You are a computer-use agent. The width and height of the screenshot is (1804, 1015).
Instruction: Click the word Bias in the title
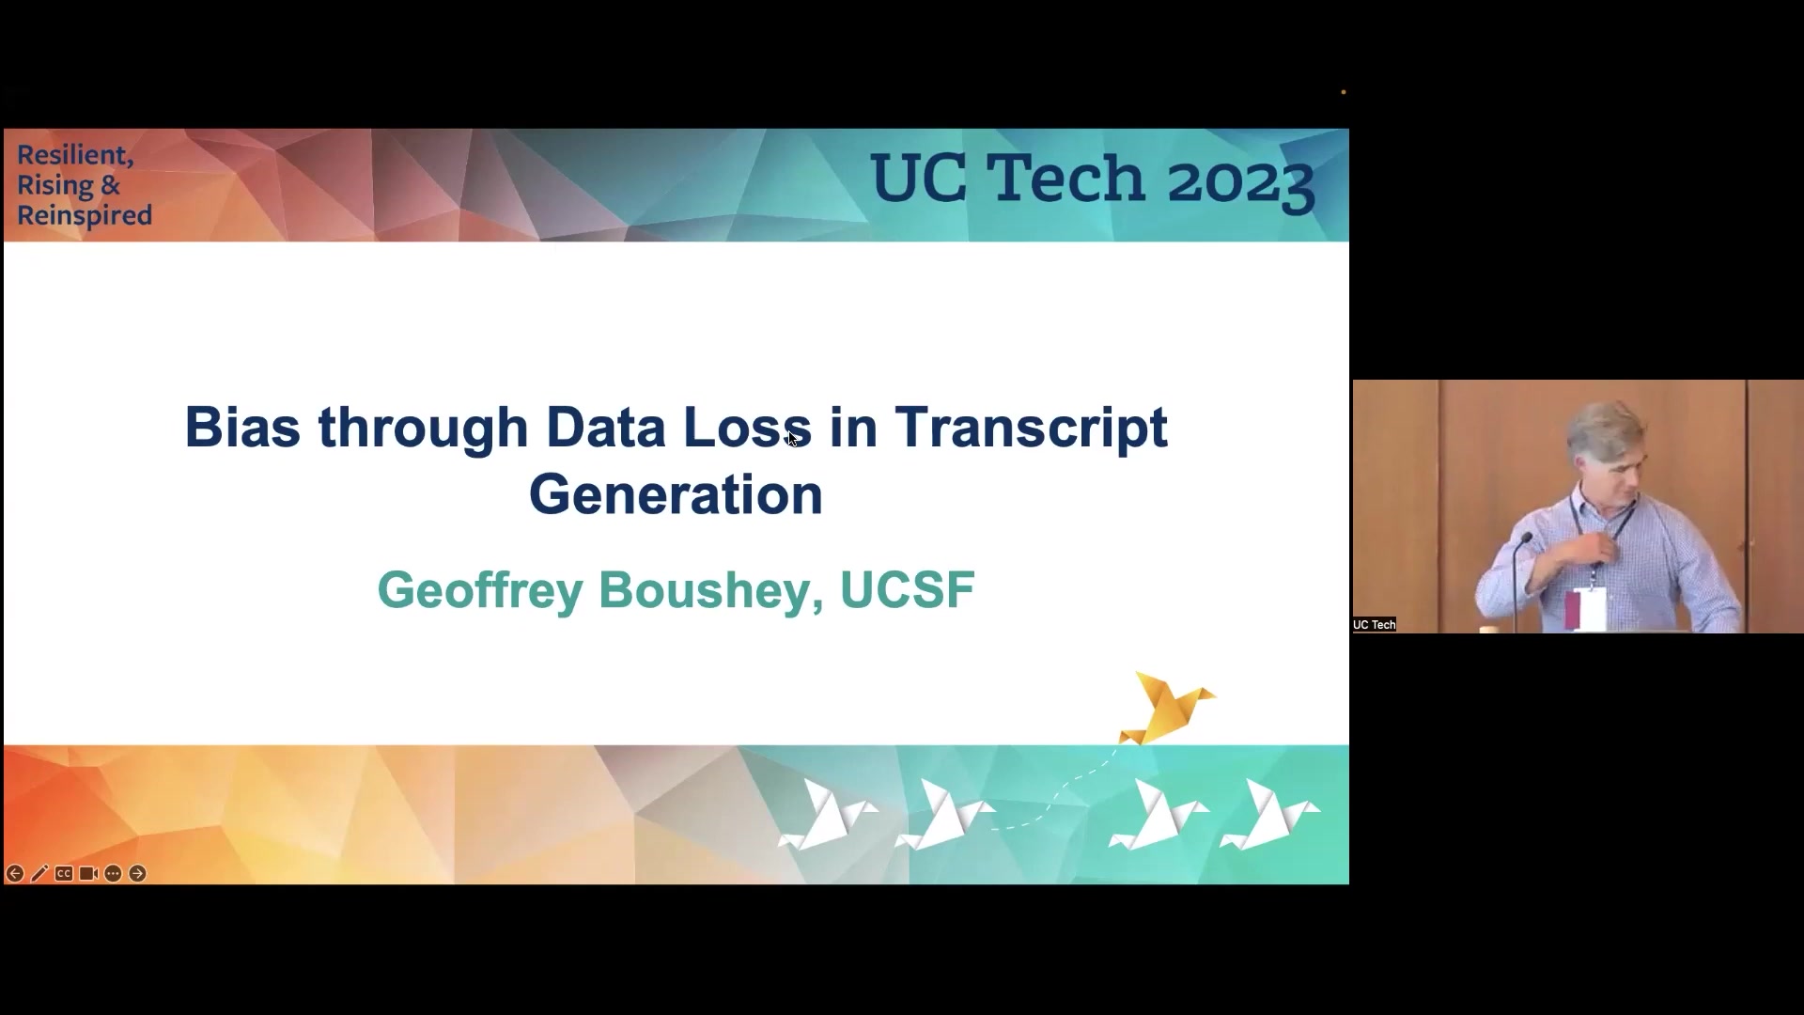[x=242, y=427]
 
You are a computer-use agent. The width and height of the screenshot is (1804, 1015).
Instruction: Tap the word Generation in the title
[x=676, y=494]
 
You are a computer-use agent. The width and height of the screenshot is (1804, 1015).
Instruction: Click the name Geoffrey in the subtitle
[x=480, y=591]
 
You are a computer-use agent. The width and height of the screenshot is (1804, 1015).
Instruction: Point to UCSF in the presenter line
[x=907, y=589]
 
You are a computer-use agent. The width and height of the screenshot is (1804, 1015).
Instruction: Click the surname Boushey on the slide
[x=711, y=590]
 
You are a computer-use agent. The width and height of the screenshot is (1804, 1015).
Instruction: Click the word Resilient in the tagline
[x=75, y=156]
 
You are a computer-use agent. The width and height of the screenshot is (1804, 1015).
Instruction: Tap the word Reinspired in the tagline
[x=85, y=216]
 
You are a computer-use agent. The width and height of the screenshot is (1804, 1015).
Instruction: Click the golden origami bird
[x=1167, y=708]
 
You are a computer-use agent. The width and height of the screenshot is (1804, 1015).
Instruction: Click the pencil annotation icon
[x=39, y=874]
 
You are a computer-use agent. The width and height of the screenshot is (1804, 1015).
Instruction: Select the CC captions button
[x=64, y=874]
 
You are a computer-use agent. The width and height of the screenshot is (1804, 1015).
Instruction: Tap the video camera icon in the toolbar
[x=88, y=874]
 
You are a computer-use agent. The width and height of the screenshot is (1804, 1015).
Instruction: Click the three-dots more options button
[x=113, y=874]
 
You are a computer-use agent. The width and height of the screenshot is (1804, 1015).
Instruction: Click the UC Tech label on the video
[x=1375, y=625]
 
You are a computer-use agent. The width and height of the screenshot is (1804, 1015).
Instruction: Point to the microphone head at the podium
[x=1526, y=539]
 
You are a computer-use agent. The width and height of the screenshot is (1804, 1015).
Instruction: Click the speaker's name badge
[x=1588, y=609]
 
